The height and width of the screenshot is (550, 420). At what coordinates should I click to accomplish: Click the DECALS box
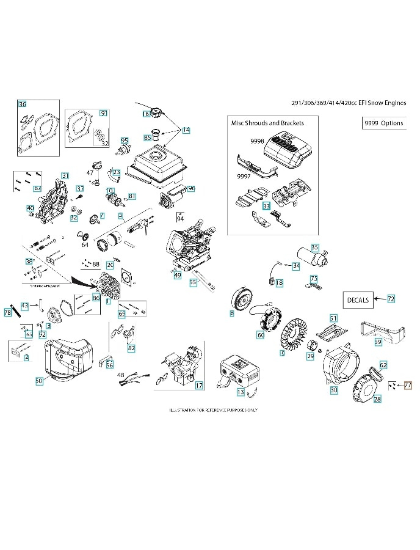coord(358,299)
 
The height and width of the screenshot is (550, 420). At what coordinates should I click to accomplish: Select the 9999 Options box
coord(383,123)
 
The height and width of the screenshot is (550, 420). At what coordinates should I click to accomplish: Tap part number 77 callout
coord(408,385)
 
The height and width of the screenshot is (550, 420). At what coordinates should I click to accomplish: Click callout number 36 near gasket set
coord(23,105)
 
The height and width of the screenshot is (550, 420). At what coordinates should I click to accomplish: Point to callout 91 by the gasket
coord(103,113)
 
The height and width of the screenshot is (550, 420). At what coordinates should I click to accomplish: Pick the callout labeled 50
coord(38,380)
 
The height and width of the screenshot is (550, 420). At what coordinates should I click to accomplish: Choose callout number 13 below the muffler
coord(241,391)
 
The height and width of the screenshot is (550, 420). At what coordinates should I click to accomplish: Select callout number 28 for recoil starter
coord(377,398)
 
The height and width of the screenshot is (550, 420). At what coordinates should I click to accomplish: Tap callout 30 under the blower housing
coord(333,389)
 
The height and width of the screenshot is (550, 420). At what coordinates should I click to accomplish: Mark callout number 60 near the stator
coord(261,334)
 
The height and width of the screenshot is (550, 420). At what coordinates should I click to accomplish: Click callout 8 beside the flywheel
coord(231,313)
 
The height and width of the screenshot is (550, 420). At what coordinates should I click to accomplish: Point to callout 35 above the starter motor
coord(315,247)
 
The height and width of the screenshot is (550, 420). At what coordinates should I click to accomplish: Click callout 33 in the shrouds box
coord(266,207)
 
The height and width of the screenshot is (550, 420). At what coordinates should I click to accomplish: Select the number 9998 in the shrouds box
coord(256,141)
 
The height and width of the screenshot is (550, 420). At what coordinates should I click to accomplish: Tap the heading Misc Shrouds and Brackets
coord(267,123)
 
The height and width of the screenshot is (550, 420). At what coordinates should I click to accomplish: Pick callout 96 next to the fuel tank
coord(191,189)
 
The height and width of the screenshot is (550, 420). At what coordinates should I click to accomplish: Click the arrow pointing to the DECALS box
coord(380,299)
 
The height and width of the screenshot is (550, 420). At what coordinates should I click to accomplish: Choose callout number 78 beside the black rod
coord(8,312)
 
